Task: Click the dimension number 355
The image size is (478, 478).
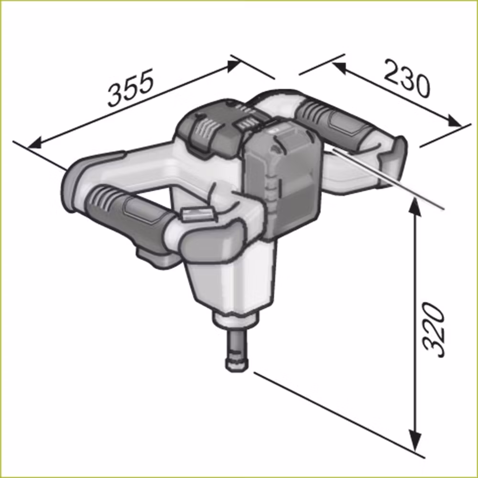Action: click(130, 87)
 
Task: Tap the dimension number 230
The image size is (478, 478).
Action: click(407, 78)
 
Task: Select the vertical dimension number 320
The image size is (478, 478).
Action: click(433, 330)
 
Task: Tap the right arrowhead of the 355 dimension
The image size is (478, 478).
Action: click(235, 65)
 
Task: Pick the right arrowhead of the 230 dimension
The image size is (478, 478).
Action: click(454, 121)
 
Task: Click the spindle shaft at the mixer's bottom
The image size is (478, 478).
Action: click(237, 350)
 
